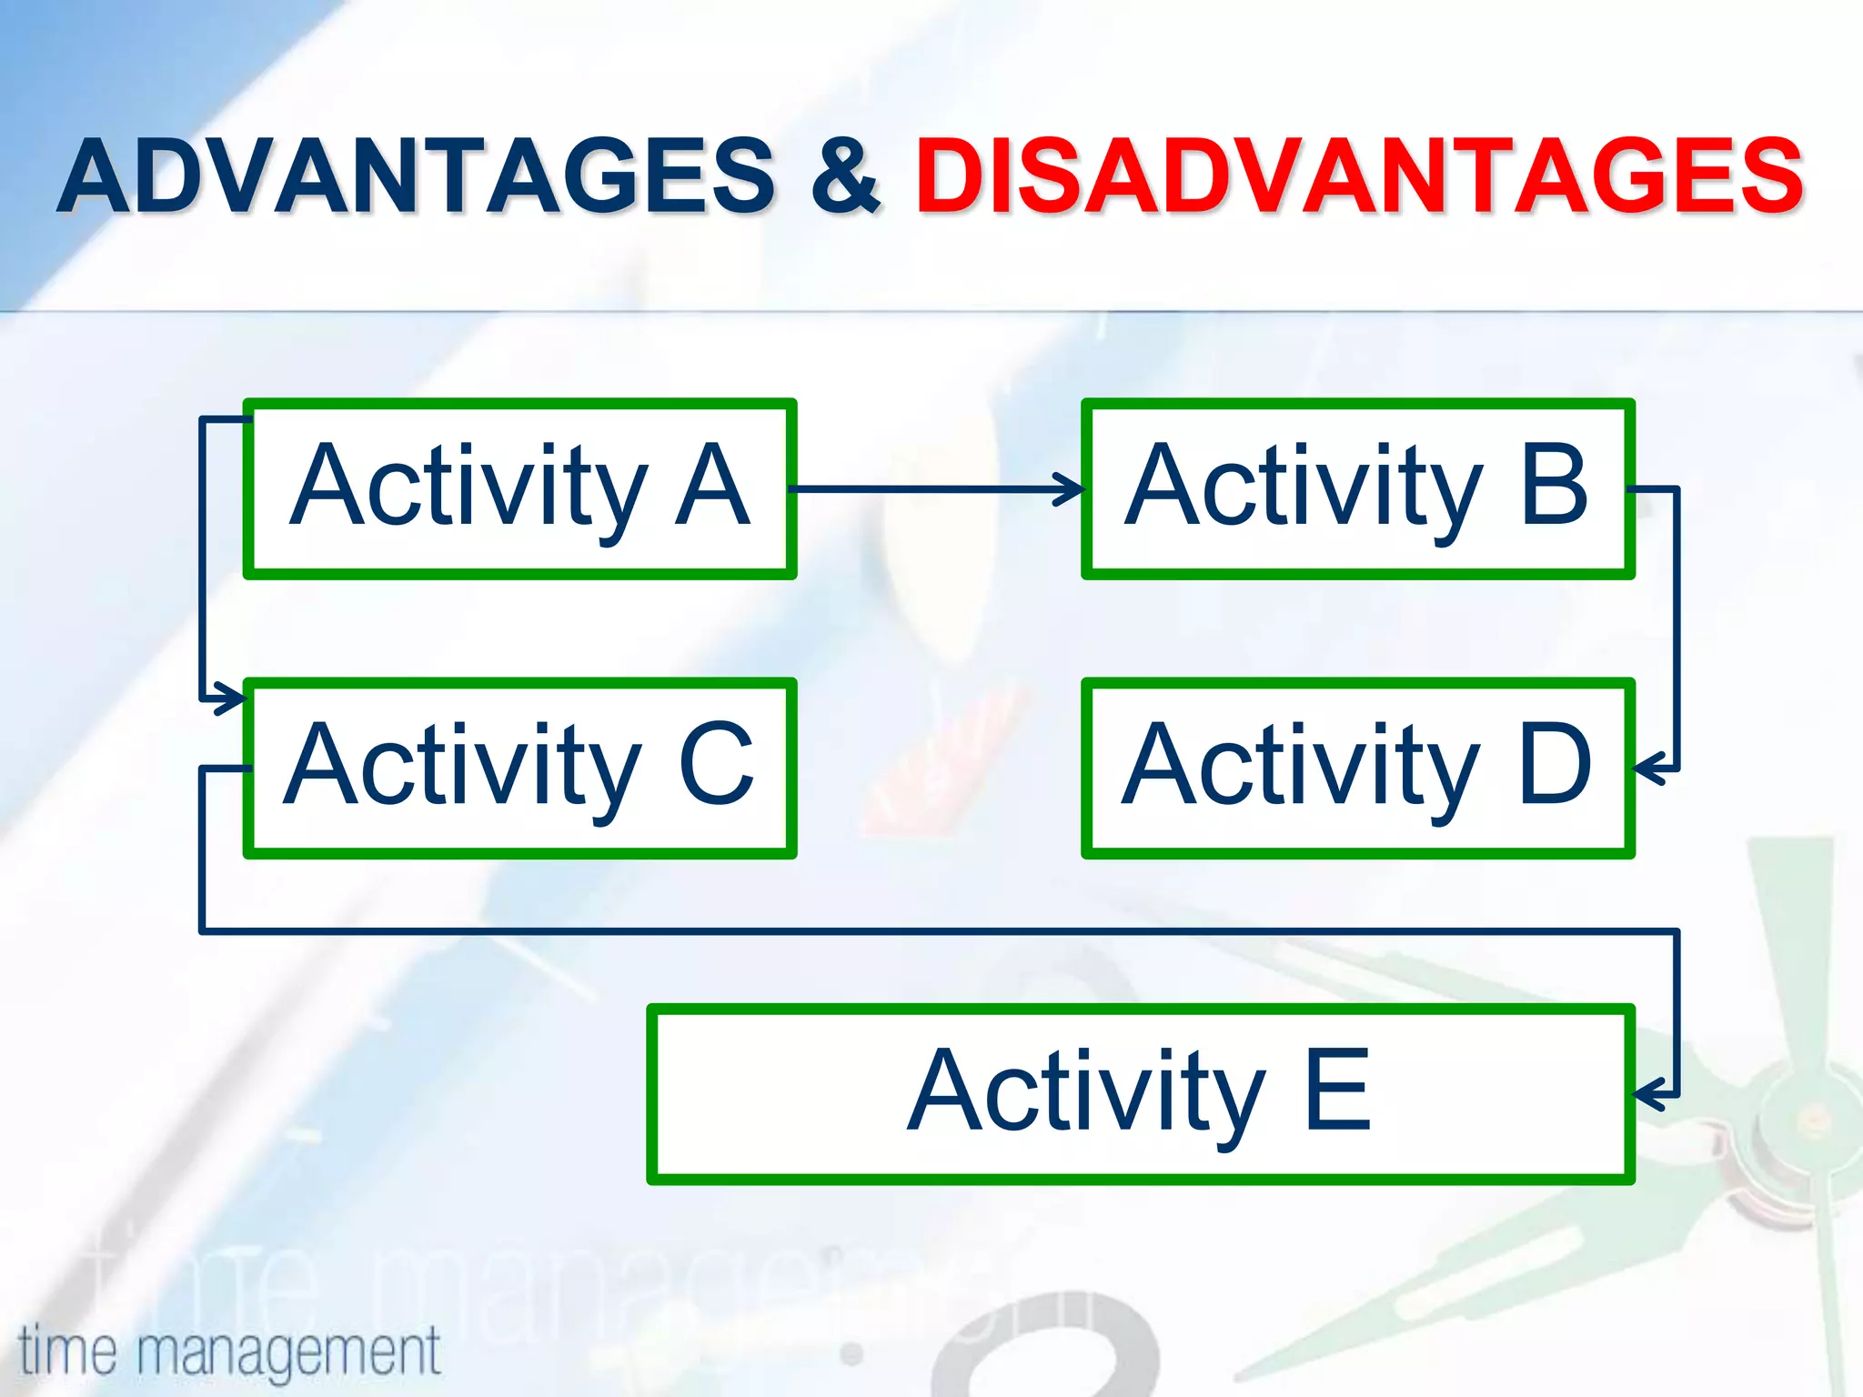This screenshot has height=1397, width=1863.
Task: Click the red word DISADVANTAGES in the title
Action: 1359,176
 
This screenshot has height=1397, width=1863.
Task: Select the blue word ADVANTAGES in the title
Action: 416,176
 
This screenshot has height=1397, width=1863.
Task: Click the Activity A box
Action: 519,488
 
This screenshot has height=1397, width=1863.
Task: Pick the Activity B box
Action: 1357,488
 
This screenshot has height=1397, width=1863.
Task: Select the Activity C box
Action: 519,768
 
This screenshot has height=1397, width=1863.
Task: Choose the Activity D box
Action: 1357,768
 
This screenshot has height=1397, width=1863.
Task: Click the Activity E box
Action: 1140,1094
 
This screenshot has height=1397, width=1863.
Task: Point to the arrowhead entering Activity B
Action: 1072,488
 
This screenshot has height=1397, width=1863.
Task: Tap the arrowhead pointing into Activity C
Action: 232,699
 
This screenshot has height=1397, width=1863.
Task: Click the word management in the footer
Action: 289,1352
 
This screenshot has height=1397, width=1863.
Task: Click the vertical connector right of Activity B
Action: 1677,628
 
